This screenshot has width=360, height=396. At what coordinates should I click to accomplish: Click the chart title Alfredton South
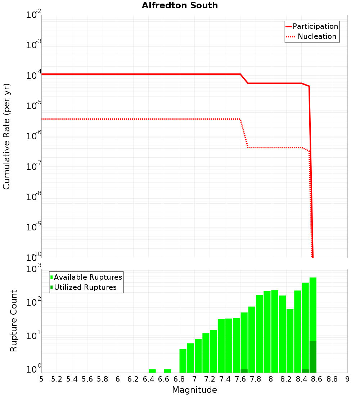(x=180, y=5)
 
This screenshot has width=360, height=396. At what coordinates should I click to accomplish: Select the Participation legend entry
(x=312, y=26)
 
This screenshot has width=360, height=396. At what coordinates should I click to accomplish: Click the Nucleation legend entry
(x=312, y=36)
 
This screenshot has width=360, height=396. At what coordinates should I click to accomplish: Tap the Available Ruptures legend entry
(x=86, y=277)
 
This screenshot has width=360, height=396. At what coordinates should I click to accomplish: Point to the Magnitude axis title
(x=194, y=390)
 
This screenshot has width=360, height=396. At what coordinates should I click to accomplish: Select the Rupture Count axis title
(x=14, y=321)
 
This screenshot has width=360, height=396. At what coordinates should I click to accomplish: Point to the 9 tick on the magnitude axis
(x=347, y=379)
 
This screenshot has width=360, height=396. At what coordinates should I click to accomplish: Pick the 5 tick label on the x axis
(x=41, y=379)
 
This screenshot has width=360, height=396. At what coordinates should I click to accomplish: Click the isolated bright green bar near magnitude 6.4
(x=152, y=371)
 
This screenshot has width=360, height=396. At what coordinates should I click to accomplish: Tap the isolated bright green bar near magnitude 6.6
(x=167, y=371)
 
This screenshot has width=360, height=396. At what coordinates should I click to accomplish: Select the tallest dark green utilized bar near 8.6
(x=313, y=356)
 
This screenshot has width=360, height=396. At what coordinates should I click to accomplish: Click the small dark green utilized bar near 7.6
(x=244, y=371)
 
